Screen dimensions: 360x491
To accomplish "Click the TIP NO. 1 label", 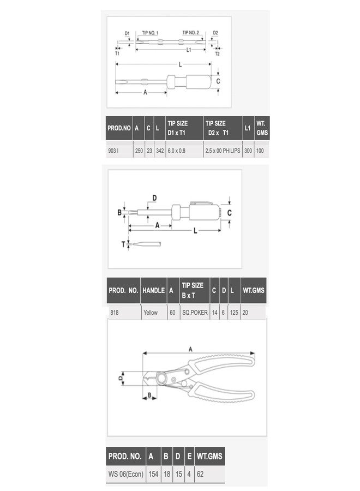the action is (x=150, y=33).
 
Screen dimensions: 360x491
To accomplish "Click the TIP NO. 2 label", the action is (x=191, y=33).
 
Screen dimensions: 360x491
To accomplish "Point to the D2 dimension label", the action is (x=215, y=33).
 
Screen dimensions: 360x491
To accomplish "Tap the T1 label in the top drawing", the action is (x=117, y=53).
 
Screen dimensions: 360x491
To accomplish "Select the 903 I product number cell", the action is (x=113, y=151).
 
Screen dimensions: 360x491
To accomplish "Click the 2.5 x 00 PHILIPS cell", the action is (x=223, y=151).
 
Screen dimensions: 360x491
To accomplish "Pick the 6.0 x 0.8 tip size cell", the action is (x=176, y=151).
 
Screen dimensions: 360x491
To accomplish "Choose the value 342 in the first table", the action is (x=160, y=151).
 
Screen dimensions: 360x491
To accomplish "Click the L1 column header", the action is (x=248, y=128).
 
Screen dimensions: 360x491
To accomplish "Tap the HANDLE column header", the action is (x=153, y=290).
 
